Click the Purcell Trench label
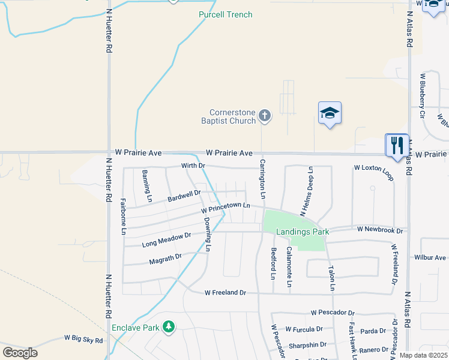pyautogui.click(x=226, y=14)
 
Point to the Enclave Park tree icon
pyautogui.click(x=169, y=326)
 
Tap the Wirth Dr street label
pyautogui.click(x=193, y=166)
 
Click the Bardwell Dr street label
pyautogui.click(x=184, y=196)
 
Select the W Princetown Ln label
pyautogui.click(x=225, y=208)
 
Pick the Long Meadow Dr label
pyautogui.click(x=166, y=240)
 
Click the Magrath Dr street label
pyautogui.click(x=165, y=259)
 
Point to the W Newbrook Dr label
pyautogui.click(x=379, y=229)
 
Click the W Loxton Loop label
pyautogui.click(x=374, y=172)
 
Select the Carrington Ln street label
pyautogui.click(x=262, y=179)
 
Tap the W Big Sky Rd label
pyautogui.click(x=83, y=340)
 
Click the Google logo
pyautogui.click(x=20, y=352)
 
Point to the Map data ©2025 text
pyautogui.click(x=423, y=355)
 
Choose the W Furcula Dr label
pyautogui.click(x=304, y=329)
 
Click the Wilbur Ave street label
pyautogui.click(x=430, y=257)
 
